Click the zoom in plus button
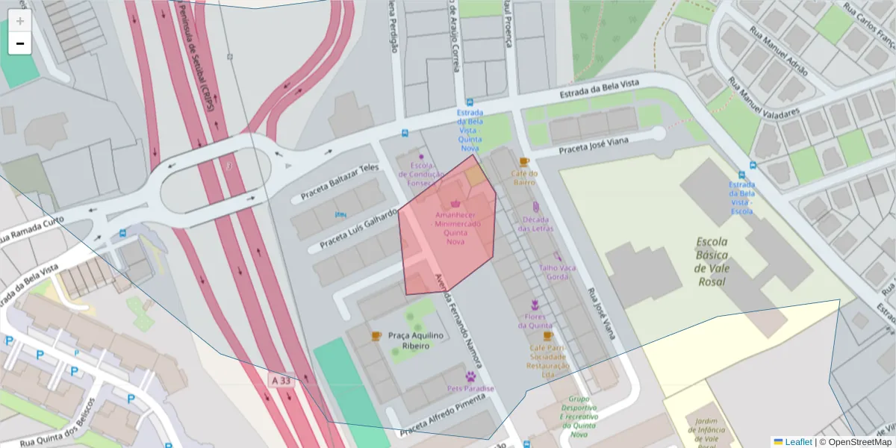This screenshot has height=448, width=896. click(x=20, y=21)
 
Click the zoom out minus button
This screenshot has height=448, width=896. click(x=20, y=43)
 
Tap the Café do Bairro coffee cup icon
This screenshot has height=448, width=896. click(x=524, y=162)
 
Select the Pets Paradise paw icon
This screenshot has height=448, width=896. click(x=471, y=376)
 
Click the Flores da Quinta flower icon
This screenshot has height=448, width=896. click(x=535, y=305)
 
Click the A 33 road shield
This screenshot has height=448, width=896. click(x=281, y=381)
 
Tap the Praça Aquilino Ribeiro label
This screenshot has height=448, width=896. click(x=417, y=340)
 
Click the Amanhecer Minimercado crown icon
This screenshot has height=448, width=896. click(x=455, y=203)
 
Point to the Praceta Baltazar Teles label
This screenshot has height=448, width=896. click(x=340, y=183)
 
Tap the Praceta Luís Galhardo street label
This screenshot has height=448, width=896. click(x=358, y=230)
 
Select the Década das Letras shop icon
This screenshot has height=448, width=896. click(x=536, y=207)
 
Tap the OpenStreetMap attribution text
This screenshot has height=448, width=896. click(x=859, y=442)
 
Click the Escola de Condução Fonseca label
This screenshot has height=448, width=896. click(x=421, y=174)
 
